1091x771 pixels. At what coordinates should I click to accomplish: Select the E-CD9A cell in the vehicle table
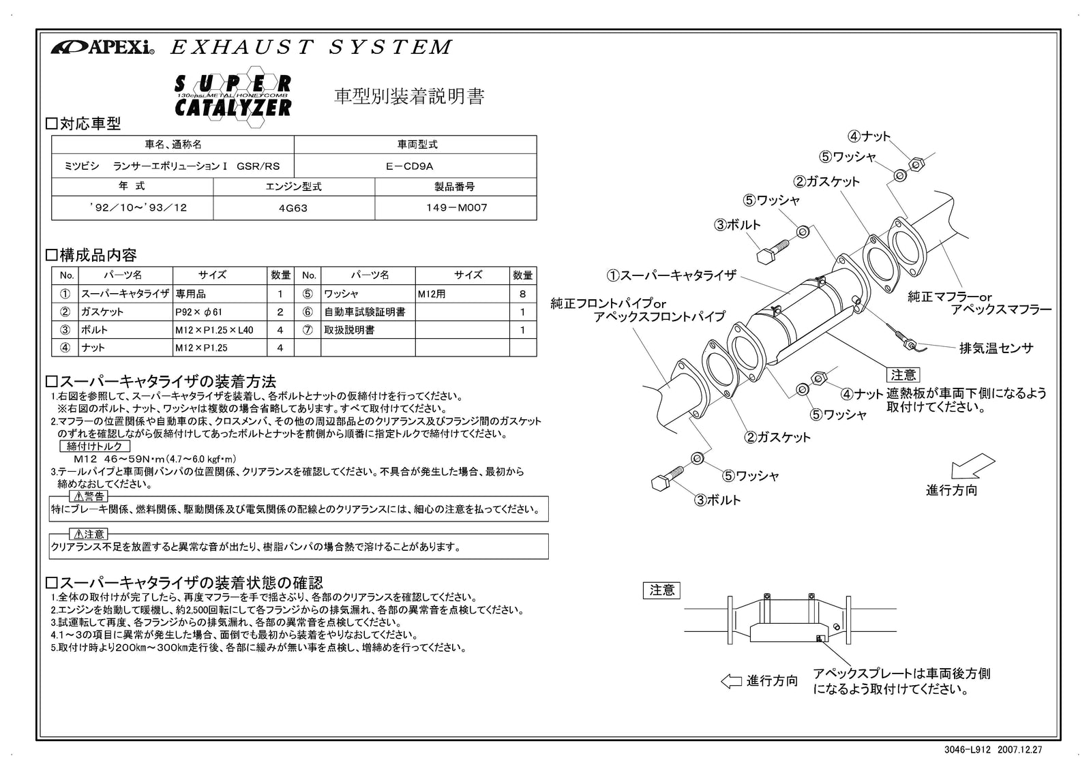click(415, 166)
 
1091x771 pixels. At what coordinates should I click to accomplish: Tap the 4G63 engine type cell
click(293, 208)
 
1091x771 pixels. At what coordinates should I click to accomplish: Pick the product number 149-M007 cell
click(455, 208)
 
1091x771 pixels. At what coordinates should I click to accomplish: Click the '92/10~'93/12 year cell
click(132, 208)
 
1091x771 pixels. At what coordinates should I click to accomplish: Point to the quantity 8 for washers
click(522, 294)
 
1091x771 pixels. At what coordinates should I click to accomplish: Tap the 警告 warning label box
click(89, 496)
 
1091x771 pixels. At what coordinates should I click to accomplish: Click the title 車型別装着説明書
click(408, 97)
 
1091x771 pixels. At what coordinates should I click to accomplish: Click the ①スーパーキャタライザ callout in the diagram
click(672, 275)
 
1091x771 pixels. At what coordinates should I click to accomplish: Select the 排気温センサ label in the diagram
click(996, 348)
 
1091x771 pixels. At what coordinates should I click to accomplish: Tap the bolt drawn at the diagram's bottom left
click(668, 478)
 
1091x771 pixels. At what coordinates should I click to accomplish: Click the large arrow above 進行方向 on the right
click(968, 467)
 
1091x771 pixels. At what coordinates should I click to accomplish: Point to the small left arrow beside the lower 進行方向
click(730, 681)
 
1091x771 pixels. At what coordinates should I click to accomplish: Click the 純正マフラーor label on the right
click(949, 297)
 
